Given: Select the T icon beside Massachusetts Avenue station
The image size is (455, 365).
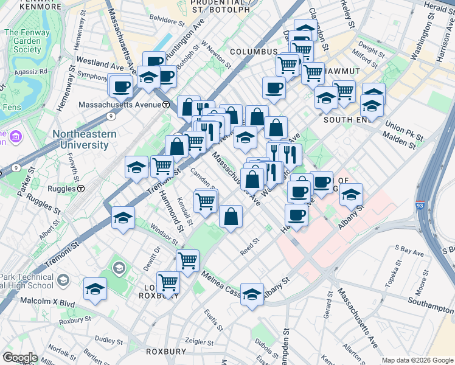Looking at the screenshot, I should pos(165,105).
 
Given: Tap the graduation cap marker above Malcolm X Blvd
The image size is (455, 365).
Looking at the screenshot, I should pos(96,290).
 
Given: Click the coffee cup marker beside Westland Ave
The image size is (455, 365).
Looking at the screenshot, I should pos(120,85).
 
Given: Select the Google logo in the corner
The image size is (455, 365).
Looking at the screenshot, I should pos(21,357).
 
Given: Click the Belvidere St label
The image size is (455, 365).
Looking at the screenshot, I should pos(166,21).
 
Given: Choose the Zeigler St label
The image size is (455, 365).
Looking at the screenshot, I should pos(201,341).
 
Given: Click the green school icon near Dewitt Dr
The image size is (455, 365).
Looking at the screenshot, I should pos(118,268).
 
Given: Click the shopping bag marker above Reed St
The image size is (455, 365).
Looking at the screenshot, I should pos(231,217).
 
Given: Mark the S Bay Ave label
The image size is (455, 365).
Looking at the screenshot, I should pos(409,249).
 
